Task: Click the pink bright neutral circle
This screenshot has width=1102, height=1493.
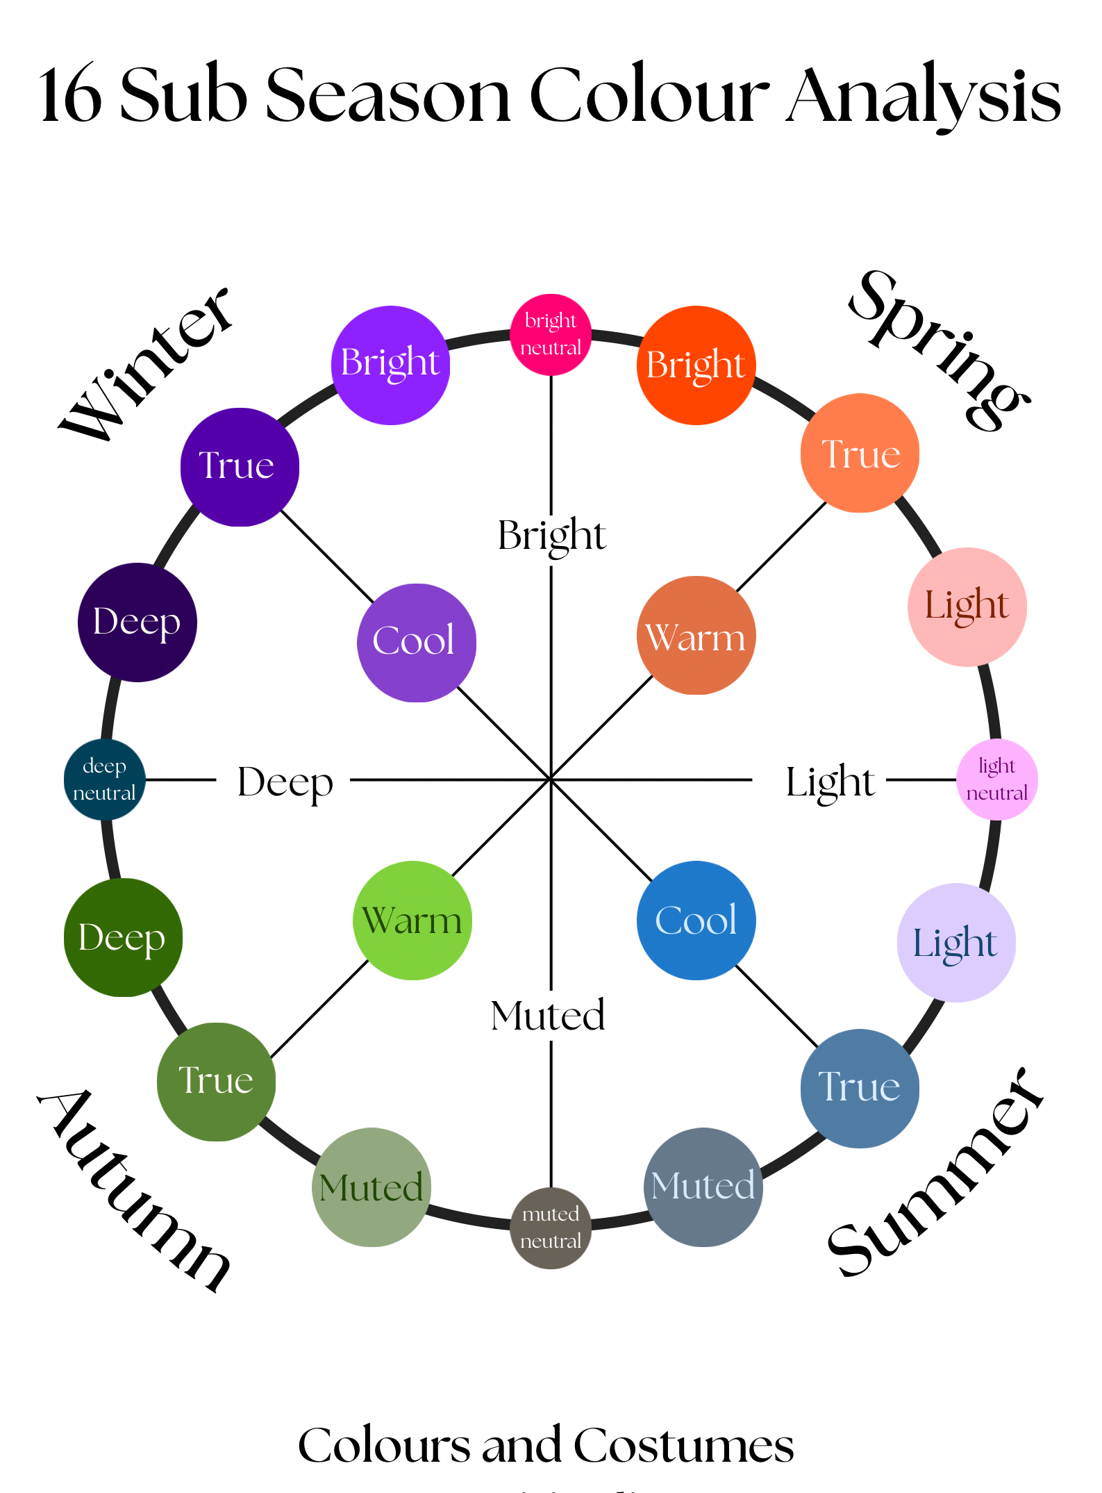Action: tap(551, 334)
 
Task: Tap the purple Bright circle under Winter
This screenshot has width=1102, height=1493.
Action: tap(390, 365)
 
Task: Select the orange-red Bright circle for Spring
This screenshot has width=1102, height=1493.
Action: tap(696, 365)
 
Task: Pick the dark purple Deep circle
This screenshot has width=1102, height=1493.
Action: tap(137, 622)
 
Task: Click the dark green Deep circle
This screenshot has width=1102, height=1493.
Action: tap(123, 937)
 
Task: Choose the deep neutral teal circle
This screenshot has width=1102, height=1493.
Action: tap(104, 780)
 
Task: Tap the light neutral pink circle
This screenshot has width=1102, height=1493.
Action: tap(996, 780)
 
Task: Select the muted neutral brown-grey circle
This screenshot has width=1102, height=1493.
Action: tap(551, 1228)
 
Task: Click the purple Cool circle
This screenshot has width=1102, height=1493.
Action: tap(416, 642)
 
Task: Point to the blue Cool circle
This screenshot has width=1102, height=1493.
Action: tap(696, 920)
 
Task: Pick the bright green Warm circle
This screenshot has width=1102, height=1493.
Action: tap(412, 920)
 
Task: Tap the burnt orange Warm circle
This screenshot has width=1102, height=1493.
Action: tap(696, 635)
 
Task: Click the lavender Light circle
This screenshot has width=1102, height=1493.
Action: tap(956, 942)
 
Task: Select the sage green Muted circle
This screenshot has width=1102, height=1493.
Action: tap(371, 1187)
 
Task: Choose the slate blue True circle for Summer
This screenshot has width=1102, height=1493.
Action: tap(860, 1088)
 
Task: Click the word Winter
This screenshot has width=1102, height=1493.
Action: tap(146, 365)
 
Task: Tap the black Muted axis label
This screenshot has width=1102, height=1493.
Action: tap(548, 1015)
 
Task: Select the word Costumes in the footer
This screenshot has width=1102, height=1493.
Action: tap(683, 1445)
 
